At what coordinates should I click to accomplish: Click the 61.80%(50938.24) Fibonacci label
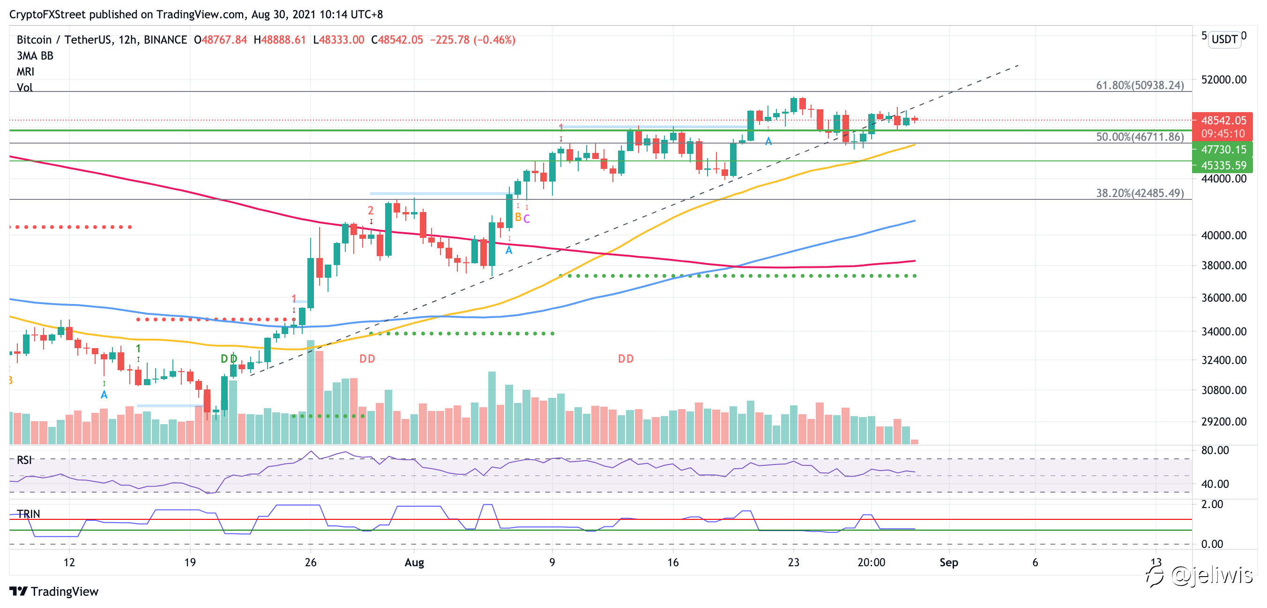1140,85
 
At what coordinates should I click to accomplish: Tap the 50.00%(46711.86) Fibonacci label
1140,137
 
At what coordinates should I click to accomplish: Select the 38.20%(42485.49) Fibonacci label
1140,193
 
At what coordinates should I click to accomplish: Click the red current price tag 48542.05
1223,121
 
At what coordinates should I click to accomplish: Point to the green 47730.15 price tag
1223,150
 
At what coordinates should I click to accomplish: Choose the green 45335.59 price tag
1223,166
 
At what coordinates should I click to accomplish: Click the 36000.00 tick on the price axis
1224,298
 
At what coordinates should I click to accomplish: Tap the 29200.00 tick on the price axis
1224,421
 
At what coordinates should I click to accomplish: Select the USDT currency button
1224,39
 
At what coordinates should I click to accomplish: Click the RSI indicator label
24,460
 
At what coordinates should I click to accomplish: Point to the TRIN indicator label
28,514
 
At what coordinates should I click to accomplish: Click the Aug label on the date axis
414,562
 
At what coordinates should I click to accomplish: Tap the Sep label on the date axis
949,562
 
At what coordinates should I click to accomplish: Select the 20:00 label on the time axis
871,562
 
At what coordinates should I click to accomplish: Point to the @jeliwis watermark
1211,575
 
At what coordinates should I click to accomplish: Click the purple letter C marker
527,219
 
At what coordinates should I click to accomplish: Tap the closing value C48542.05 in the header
397,40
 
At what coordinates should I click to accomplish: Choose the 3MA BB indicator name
35,56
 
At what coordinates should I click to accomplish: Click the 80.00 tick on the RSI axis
1215,450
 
